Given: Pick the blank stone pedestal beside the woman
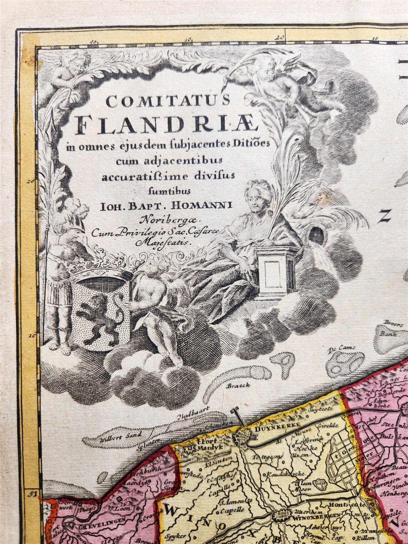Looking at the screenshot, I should [x=274, y=272].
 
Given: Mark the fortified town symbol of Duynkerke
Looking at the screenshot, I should [x=242, y=435].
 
